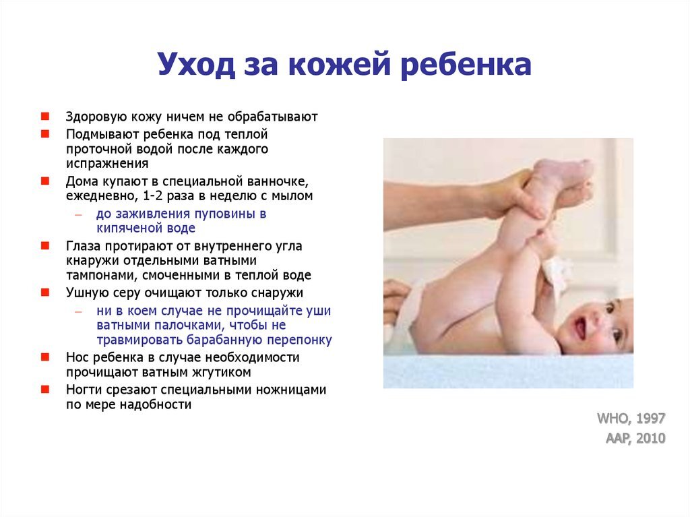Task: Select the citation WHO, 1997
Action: pyautogui.click(x=631, y=419)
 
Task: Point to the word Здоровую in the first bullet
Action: pyautogui.click(x=92, y=116)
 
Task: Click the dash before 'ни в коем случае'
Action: pyautogui.click(x=79, y=312)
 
